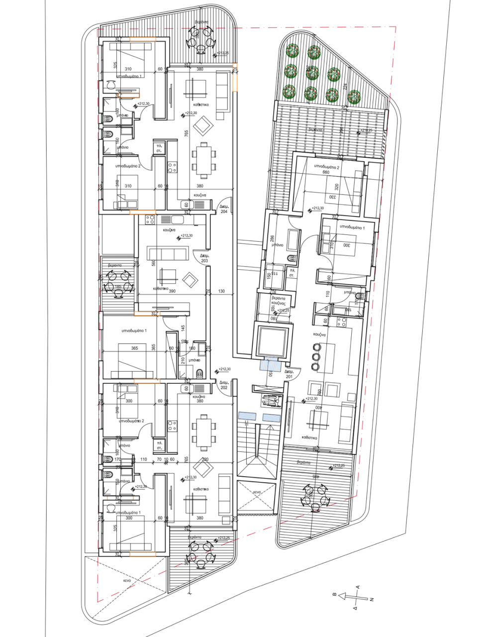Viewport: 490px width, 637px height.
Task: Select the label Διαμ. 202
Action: (x=223, y=385)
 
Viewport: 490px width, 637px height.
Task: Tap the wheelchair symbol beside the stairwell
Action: (x=271, y=399)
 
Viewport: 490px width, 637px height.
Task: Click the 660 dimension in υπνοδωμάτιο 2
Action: (x=326, y=172)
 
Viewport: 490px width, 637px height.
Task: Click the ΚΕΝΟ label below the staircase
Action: (x=257, y=491)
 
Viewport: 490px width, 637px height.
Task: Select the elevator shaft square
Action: (x=271, y=341)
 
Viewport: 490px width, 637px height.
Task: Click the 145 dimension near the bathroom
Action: (x=183, y=328)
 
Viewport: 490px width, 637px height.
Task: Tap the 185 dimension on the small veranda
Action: (x=118, y=287)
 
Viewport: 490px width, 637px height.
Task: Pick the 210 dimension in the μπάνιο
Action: (x=183, y=360)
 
